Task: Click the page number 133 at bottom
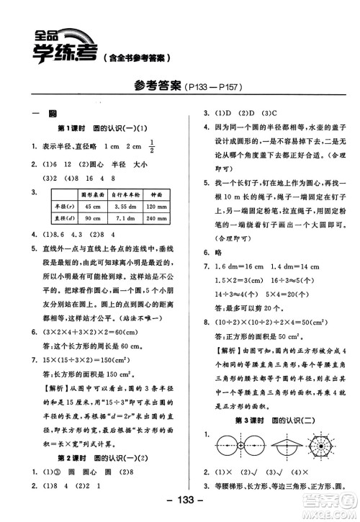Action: [x=178, y=502]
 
